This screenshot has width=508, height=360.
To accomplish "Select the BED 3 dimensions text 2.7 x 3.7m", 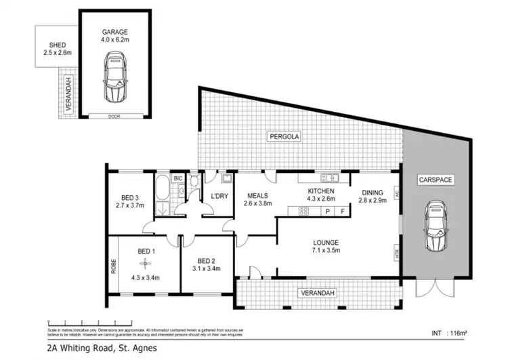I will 130,205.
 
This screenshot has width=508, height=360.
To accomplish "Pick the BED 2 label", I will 207,260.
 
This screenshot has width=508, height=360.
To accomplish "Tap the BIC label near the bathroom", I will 177,179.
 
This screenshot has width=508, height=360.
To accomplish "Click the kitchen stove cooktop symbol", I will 303,211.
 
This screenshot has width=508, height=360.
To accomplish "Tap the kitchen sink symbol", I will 331,178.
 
